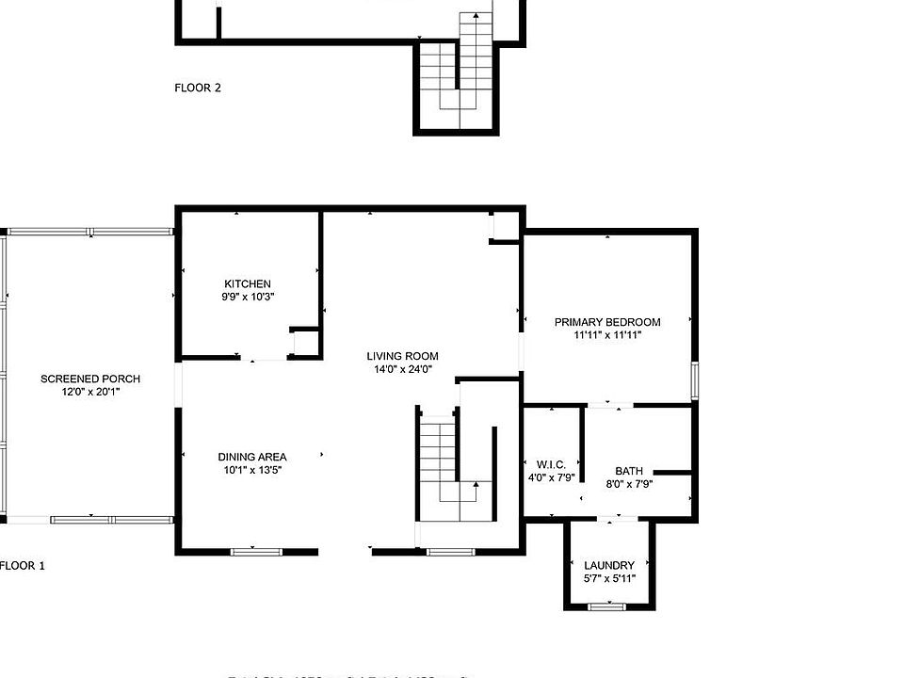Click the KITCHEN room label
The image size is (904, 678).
pyautogui.click(x=248, y=283)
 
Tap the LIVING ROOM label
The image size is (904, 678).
pyautogui.click(x=402, y=356)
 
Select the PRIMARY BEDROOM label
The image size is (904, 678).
pyautogui.click(x=606, y=322)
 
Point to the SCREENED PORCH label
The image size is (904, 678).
pyautogui.click(x=90, y=379)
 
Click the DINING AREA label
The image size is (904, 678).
pyautogui.click(x=251, y=457)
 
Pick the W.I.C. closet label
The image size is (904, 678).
pyautogui.click(x=550, y=464)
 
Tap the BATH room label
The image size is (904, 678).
pyautogui.click(x=629, y=471)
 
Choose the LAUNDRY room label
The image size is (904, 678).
pyautogui.click(x=609, y=566)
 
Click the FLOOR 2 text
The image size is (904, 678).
pyautogui.click(x=198, y=88)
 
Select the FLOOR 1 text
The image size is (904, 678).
pyautogui.click(x=22, y=566)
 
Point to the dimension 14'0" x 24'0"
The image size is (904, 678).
pyautogui.click(x=402, y=369)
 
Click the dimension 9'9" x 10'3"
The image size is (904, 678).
pyautogui.click(x=248, y=297)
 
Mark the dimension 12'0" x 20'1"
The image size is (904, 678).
pyautogui.click(x=90, y=391)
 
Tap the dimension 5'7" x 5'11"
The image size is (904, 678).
pyautogui.click(x=609, y=578)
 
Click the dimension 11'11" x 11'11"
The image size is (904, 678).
pyautogui.click(x=606, y=334)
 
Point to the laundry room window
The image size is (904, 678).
pyautogui.click(x=607, y=607)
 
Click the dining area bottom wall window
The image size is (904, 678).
pyautogui.click(x=256, y=552)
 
